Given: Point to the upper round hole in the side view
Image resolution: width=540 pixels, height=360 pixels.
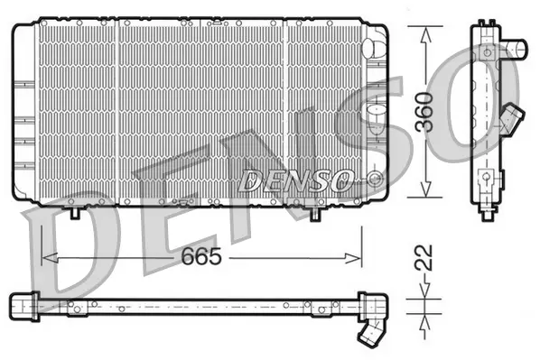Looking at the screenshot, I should (x=489, y=53).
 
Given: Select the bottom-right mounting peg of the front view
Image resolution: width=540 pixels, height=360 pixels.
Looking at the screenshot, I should (x=314, y=215).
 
